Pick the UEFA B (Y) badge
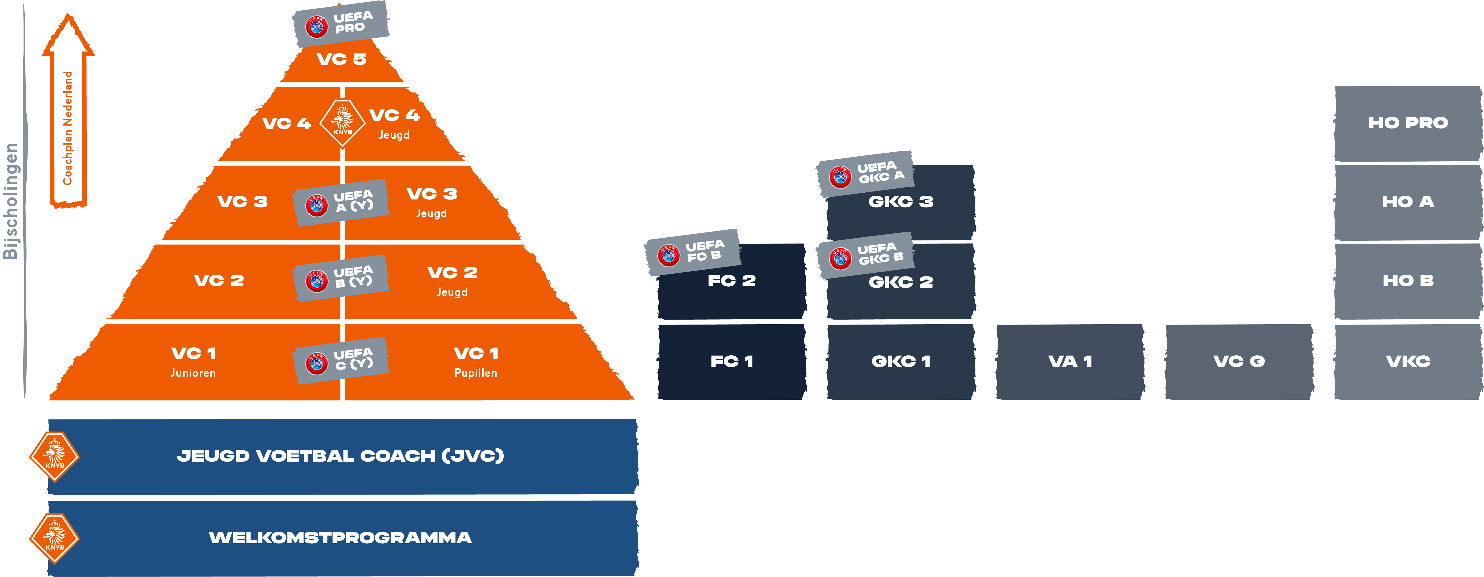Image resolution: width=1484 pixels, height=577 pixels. coord(341,278)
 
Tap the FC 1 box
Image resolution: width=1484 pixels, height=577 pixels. coord(732,362)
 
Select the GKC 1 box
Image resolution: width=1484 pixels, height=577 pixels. coord(901,362)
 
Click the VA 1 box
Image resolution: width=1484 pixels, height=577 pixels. coord(1070,362)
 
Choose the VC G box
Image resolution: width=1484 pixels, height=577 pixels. coord(1239,362)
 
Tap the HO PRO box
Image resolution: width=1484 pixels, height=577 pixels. coord(1408,123)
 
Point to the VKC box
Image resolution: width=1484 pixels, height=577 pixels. coord(1408,362)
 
